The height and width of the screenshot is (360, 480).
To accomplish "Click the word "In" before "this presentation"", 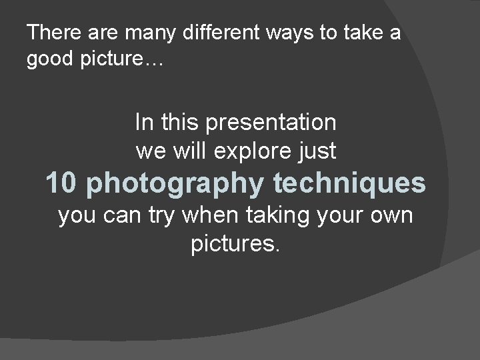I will click(x=143, y=123).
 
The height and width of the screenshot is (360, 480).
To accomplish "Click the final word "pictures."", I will click(x=236, y=245).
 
